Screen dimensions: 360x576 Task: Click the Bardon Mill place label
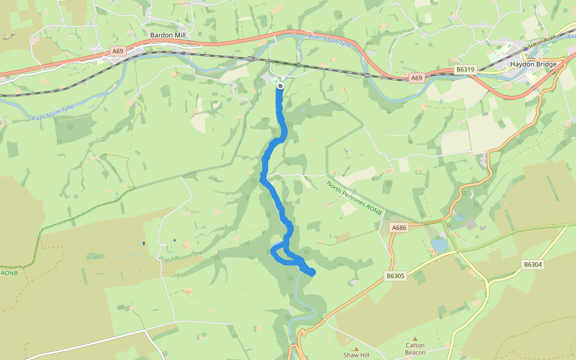tap(168, 35)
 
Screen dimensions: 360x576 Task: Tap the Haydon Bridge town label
tap(533, 64)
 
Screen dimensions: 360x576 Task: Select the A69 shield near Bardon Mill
tap(118, 52)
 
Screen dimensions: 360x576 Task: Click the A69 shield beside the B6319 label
tap(417, 78)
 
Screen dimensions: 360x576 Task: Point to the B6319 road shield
tap(465, 70)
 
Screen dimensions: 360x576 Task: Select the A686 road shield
tap(399, 228)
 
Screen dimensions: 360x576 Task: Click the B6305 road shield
tap(396, 276)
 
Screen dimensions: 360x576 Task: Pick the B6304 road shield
tap(532, 264)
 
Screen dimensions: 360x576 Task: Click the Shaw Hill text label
tap(356, 355)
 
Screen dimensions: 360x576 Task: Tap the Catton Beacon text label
tap(415, 349)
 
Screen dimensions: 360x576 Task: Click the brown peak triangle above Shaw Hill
tap(356, 348)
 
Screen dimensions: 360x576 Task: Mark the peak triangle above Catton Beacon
tap(415, 339)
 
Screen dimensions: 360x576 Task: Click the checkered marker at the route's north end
tap(280, 86)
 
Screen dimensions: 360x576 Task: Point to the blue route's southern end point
tap(311, 273)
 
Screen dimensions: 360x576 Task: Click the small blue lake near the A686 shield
tap(440, 245)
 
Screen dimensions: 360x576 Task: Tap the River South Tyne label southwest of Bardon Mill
tap(53, 113)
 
